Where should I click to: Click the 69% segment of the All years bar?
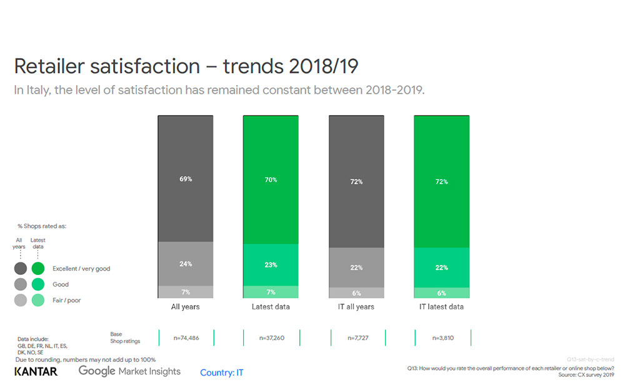point(186,179)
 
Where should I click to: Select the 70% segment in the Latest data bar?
point(271,179)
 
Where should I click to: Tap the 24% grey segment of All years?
point(186,264)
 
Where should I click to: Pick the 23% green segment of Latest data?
point(271,264)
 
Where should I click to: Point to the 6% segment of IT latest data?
point(441,292)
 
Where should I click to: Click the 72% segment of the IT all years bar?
point(356,181)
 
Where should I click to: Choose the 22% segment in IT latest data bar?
point(441,267)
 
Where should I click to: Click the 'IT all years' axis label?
point(356,307)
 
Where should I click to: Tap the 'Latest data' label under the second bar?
point(271,307)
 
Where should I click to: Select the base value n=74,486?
point(186,337)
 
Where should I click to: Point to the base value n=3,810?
point(442,337)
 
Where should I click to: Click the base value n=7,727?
point(356,337)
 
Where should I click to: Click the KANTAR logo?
point(36,372)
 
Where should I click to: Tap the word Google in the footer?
point(97,371)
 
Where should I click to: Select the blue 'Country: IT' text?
point(221,372)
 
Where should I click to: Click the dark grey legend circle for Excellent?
point(21,269)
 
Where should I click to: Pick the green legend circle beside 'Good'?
point(38,284)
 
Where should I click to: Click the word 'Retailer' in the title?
point(52,67)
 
